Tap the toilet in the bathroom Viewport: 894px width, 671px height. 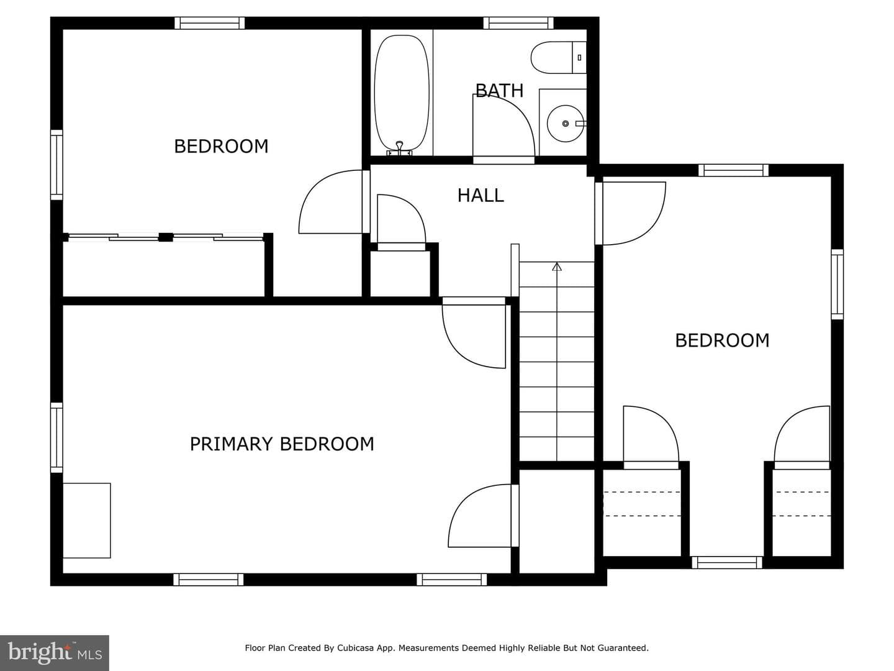click(x=558, y=57)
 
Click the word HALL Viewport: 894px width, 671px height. click(x=481, y=196)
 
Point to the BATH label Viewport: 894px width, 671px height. click(x=499, y=91)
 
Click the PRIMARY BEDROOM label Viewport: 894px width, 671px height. click(x=282, y=444)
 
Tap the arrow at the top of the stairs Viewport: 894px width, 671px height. click(x=557, y=267)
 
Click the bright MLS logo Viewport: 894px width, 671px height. click(x=55, y=652)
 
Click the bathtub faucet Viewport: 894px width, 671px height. click(x=400, y=148)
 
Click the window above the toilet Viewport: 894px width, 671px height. click(x=518, y=23)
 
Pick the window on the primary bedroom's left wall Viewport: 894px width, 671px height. click(x=56, y=437)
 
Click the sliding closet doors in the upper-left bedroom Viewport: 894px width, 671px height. click(x=166, y=237)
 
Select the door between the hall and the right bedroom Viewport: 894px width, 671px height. click(x=630, y=214)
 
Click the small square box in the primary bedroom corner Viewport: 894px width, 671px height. click(x=87, y=520)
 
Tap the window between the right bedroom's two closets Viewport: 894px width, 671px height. click(x=727, y=563)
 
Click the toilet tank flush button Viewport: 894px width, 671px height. click(x=579, y=58)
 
